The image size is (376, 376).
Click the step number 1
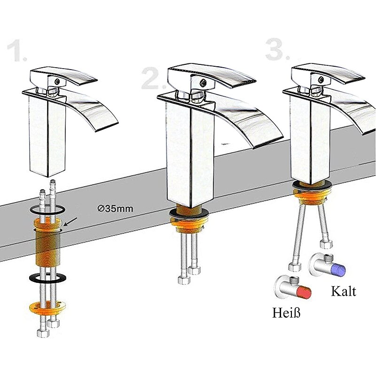[x=17, y=51]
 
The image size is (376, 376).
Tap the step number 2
[x=154, y=78]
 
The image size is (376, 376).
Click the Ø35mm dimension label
[x=115, y=209]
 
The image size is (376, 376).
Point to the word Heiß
[x=286, y=313]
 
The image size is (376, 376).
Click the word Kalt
[x=344, y=291]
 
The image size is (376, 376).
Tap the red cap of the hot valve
[x=304, y=292]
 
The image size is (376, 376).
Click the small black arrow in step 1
[x=70, y=222]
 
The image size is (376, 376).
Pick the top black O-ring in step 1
[x=47, y=210]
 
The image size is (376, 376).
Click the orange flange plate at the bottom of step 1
[x=47, y=308]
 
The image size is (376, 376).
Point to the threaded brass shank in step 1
[x=48, y=247]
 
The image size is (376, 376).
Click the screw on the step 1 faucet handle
[x=57, y=82]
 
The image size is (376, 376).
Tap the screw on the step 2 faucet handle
[x=203, y=83]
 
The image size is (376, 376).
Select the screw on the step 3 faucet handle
[x=321, y=79]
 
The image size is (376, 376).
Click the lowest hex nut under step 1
[x=43, y=333]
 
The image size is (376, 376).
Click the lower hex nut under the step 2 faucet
[x=184, y=280]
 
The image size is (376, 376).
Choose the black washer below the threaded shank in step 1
[x=48, y=277]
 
